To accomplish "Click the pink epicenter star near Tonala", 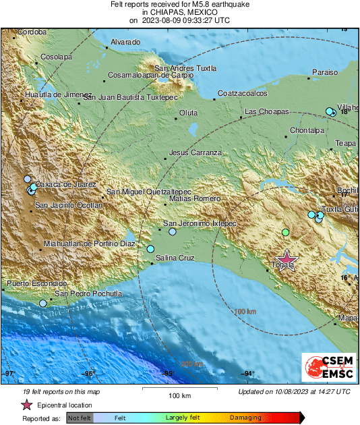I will point(287,260).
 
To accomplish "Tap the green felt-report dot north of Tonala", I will point(285,232).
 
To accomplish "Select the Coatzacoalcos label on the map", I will point(243,94).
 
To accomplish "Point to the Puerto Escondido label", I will point(36,284).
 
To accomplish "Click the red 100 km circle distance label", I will point(245,312).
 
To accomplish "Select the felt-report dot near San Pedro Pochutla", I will point(43,304).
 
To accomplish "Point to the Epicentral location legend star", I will point(26,405).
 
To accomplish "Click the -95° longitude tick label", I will point(168,373).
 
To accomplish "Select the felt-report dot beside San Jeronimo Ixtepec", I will point(173,231).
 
